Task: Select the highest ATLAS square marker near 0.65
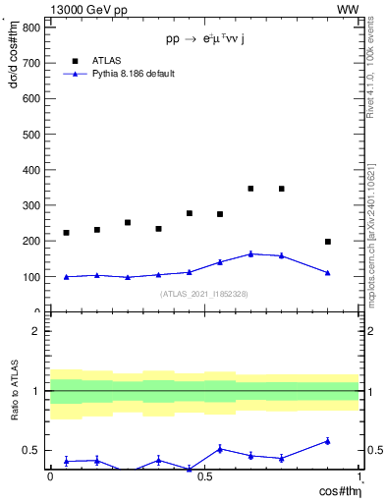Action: pyautogui.click(x=250, y=189)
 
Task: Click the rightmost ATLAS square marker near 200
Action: pyautogui.click(x=328, y=242)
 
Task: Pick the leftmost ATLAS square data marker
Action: pyautogui.click(x=66, y=233)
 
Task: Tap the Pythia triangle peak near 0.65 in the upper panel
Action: pyautogui.click(x=250, y=253)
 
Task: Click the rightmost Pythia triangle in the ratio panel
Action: pyautogui.click(x=328, y=441)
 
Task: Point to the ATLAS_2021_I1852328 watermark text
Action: pyautogui.click(x=204, y=294)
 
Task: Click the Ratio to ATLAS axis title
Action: pyautogui.click(x=14, y=391)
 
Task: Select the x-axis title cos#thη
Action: pyautogui.click(x=336, y=490)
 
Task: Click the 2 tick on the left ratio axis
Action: pyautogui.click(x=36, y=331)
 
